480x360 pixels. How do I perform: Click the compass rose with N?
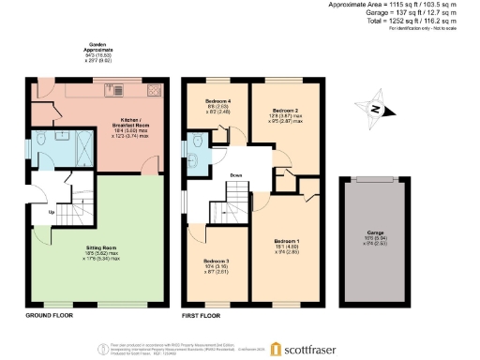point(376,110)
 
